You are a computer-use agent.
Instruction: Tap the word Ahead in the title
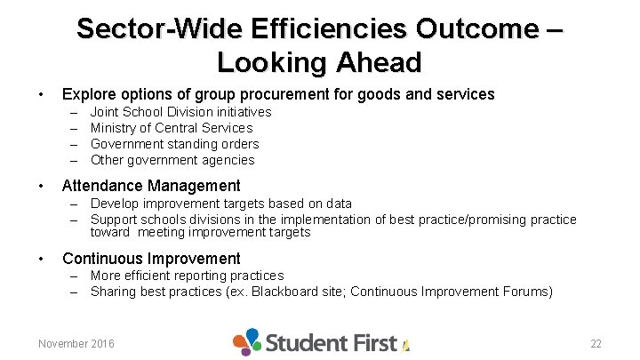(378, 62)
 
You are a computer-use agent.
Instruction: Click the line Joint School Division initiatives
(180, 112)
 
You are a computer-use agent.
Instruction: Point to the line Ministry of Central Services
(172, 128)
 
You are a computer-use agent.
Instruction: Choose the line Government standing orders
(175, 144)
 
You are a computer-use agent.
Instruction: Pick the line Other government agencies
(172, 160)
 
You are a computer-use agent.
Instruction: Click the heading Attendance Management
(151, 186)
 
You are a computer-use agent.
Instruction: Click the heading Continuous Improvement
(151, 259)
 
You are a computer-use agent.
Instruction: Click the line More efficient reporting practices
(187, 276)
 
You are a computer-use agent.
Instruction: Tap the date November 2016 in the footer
(76, 343)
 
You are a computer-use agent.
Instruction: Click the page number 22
(596, 343)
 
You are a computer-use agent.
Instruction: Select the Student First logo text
(331, 342)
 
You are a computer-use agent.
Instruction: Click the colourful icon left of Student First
(247, 341)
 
